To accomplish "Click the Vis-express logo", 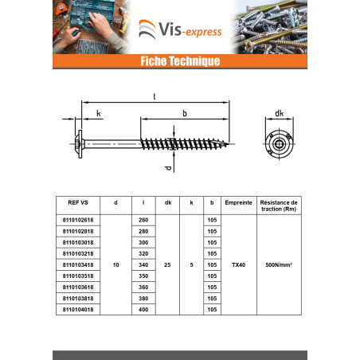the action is coord(180,29).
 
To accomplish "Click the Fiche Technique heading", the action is coord(180,61).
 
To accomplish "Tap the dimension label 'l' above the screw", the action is coord(155,96).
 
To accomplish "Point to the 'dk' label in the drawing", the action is coord(279,113).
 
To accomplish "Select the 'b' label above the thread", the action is coord(185,113).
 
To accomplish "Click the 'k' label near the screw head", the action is coord(99,113).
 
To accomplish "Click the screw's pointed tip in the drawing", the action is coord(228,144).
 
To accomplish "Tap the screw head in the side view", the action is coord(80,144).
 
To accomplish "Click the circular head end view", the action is coord(279,144).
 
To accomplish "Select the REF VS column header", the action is coord(78,202).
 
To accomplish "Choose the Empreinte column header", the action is coord(238,202).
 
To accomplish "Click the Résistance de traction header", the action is coord(279,205).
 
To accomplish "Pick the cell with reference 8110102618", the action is coord(78,220).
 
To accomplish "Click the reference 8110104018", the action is coord(78,310).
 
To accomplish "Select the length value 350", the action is coord(143,276).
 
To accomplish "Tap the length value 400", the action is coord(143,310).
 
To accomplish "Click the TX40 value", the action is coord(238,265).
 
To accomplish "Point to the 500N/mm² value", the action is coord(279,265).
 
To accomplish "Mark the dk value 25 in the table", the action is coord(167,265).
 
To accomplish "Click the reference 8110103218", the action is coord(78,253).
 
